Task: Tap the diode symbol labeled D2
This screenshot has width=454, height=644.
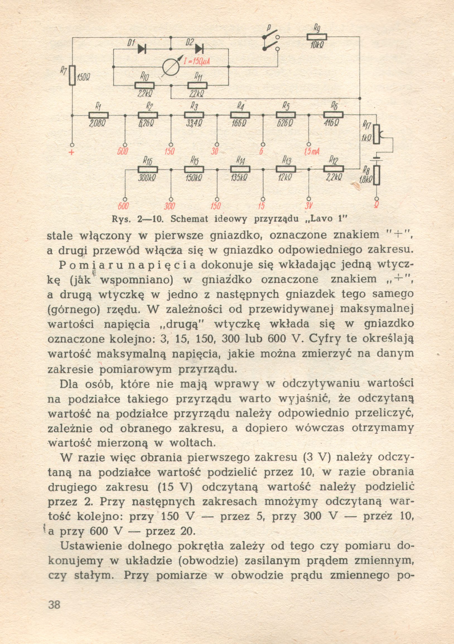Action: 199,49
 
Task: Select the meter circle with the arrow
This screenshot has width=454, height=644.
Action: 171,67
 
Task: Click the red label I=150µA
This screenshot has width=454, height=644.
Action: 197,62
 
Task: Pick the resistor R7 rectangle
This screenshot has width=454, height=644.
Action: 72,75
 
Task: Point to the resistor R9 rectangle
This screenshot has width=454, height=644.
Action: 317,37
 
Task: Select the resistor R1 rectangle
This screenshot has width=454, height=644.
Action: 98,115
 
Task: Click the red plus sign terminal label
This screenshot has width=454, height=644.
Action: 72,153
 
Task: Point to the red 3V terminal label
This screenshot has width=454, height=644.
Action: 309,206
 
